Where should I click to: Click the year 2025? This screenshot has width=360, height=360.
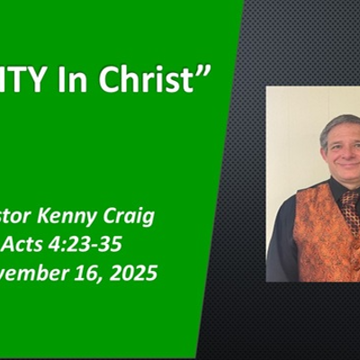[x=133, y=271]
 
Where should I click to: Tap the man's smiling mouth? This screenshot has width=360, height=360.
[x=343, y=162]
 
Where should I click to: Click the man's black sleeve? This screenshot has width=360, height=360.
[x=281, y=243]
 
